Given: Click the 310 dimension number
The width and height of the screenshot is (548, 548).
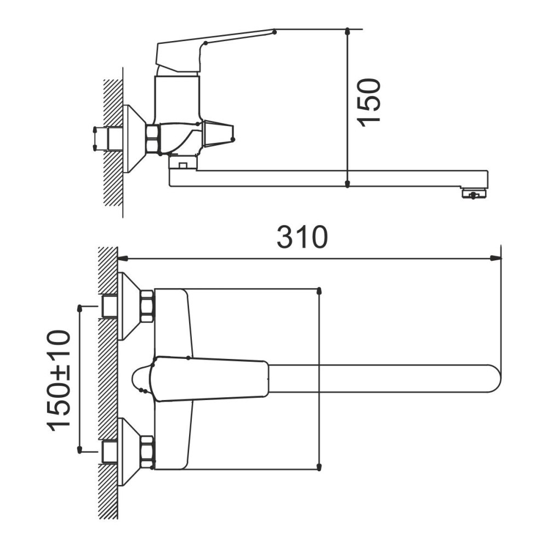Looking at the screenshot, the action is pyautogui.click(x=302, y=237).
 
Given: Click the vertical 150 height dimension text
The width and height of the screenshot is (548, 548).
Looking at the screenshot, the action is pyautogui.click(x=368, y=102).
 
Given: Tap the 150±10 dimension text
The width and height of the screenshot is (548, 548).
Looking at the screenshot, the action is pyautogui.click(x=59, y=380).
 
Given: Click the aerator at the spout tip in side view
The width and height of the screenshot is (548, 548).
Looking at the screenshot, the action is pyautogui.click(x=473, y=193).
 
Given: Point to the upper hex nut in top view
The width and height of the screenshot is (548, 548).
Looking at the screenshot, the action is pyautogui.click(x=147, y=306).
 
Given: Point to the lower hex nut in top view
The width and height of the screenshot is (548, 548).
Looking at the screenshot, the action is pyautogui.click(x=147, y=452).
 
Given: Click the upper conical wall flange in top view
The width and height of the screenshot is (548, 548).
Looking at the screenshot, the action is pyautogui.click(x=129, y=306).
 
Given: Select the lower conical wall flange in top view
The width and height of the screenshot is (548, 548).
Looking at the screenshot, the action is pyautogui.click(x=129, y=452).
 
